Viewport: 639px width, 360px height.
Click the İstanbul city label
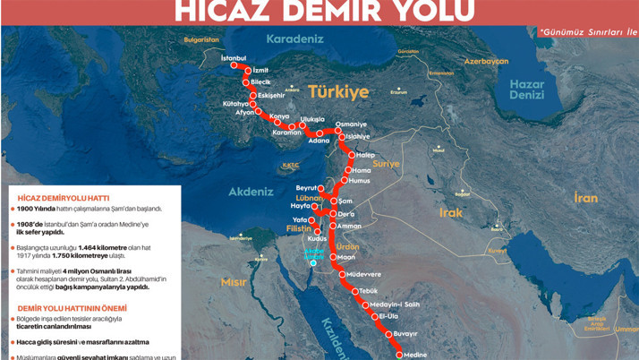click(x=233, y=58)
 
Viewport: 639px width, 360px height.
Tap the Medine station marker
click(x=401, y=355)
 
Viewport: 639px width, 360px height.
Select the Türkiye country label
click(x=338, y=92)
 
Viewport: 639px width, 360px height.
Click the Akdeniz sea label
click(x=251, y=192)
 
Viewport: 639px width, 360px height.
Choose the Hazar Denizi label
click(x=526, y=90)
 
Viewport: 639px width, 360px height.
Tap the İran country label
click(x=585, y=197)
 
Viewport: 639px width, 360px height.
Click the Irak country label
click(x=451, y=213)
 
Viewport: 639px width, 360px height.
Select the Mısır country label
click(x=234, y=282)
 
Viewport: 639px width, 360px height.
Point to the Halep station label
click(x=365, y=155)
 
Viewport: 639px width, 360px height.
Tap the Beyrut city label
click(x=307, y=188)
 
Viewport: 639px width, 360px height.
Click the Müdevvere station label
click(x=365, y=274)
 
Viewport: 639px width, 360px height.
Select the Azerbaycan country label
click(x=486, y=62)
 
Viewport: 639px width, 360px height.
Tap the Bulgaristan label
click(x=201, y=39)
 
